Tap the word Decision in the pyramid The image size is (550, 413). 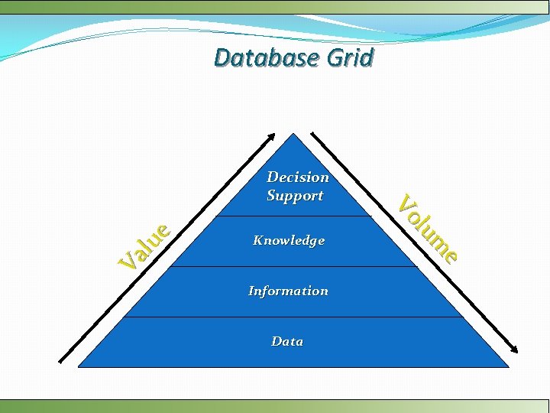pyautogui.click(x=298, y=177)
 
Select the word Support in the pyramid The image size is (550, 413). pyautogui.click(x=295, y=195)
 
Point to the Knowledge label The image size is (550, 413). pyautogui.click(x=289, y=240)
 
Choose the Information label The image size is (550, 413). pyautogui.click(x=288, y=291)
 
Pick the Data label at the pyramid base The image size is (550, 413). pyautogui.click(x=287, y=341)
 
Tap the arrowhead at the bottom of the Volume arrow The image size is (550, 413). pyautogui.click(x=514, y=350)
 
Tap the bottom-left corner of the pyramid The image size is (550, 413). pyautogui.click(x=79, y=367)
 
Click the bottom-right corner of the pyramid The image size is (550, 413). pyautogui.click(x=508, y=367)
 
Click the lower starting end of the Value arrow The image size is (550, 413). pyautogui.click(x=60, y=360)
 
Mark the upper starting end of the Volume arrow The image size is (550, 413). pyautogui.click(x=312, y=135)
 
